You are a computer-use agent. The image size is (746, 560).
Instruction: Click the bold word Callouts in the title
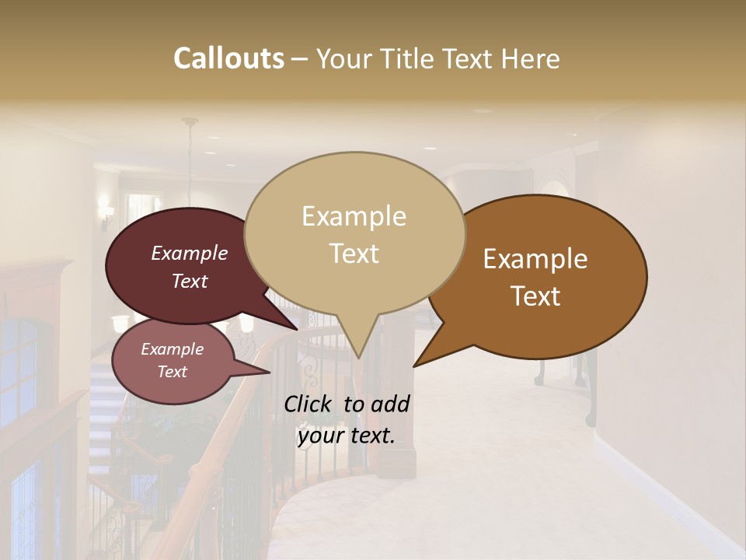click(x=228, y=58)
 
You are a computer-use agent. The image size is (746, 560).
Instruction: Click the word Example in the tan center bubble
click(x=354, y=216)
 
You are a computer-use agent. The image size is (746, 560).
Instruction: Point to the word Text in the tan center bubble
click(x=354, y=254)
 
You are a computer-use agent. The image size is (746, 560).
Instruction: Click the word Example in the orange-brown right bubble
click(x=535, y=259)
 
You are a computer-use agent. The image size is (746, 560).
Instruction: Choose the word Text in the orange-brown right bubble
click(x=535, y=296)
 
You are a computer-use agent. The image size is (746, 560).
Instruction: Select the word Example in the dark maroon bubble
click(x=189, y=253)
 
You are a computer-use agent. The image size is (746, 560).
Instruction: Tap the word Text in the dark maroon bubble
click(x=189, y=281)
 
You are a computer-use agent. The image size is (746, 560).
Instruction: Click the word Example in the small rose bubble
click(x=172, y=349)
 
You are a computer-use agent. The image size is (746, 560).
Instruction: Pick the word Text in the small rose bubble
click(x=172, y=372)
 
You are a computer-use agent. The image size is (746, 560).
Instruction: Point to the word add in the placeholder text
click(x=390, y=404)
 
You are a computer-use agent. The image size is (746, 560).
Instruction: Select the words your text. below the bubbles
click(x=346, y=436)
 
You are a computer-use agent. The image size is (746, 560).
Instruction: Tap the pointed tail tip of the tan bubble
click(x=358, y=359)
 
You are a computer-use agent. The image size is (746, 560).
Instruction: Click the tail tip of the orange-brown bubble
click(x=414, y=366)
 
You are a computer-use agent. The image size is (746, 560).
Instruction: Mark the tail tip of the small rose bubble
click(x=270, y=373)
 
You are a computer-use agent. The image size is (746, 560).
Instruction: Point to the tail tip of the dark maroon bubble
click(x=298, y=329)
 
